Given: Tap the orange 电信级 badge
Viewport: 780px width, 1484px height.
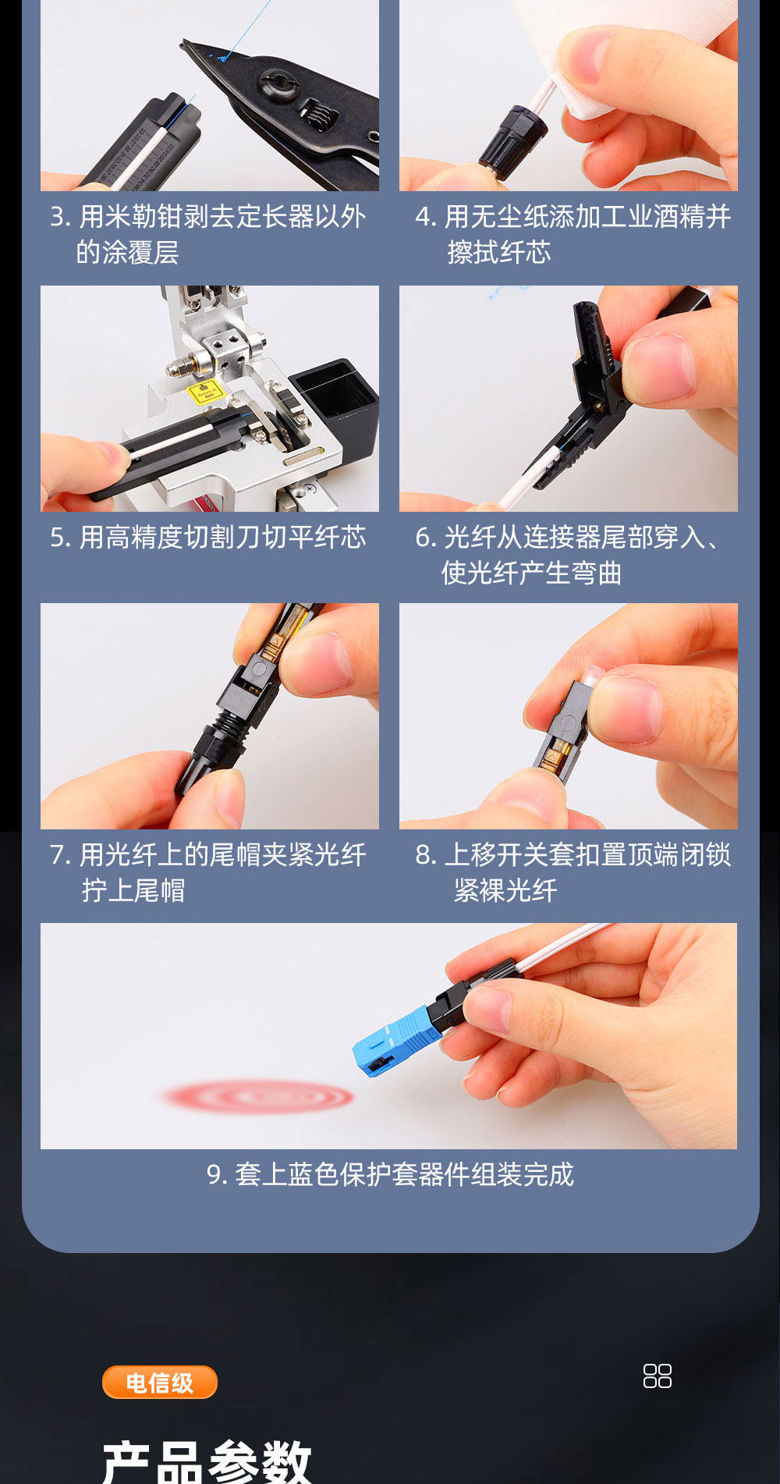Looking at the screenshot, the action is click(x=160, y=1383).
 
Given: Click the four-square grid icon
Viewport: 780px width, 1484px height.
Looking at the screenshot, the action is click(x=658, y=1376).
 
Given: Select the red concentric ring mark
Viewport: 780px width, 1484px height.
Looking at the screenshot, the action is click(x=258, y=1097).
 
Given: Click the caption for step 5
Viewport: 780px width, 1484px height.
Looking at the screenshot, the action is click(x=208, y=537).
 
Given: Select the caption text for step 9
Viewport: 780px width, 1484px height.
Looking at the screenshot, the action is click(x=390, y=1174).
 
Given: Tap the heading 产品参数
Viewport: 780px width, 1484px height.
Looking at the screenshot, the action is click(x=207, y=1461).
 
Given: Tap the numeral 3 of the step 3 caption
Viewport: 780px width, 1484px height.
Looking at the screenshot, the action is click(x=57, y=217).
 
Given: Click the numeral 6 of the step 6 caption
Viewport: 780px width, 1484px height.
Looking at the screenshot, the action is click(x=423, y=538).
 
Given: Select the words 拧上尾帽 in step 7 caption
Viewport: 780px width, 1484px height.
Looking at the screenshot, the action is click(x=133, y=890).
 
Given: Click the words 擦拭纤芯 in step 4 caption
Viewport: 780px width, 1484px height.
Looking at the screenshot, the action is click(x=499, y=252).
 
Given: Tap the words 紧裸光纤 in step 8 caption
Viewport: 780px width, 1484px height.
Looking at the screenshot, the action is click(x=505, y=890).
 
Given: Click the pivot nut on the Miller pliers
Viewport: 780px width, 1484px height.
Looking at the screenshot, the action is click(x=280, y=83).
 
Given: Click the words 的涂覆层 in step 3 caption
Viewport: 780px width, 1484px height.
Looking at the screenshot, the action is click(x=127, y=252).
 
